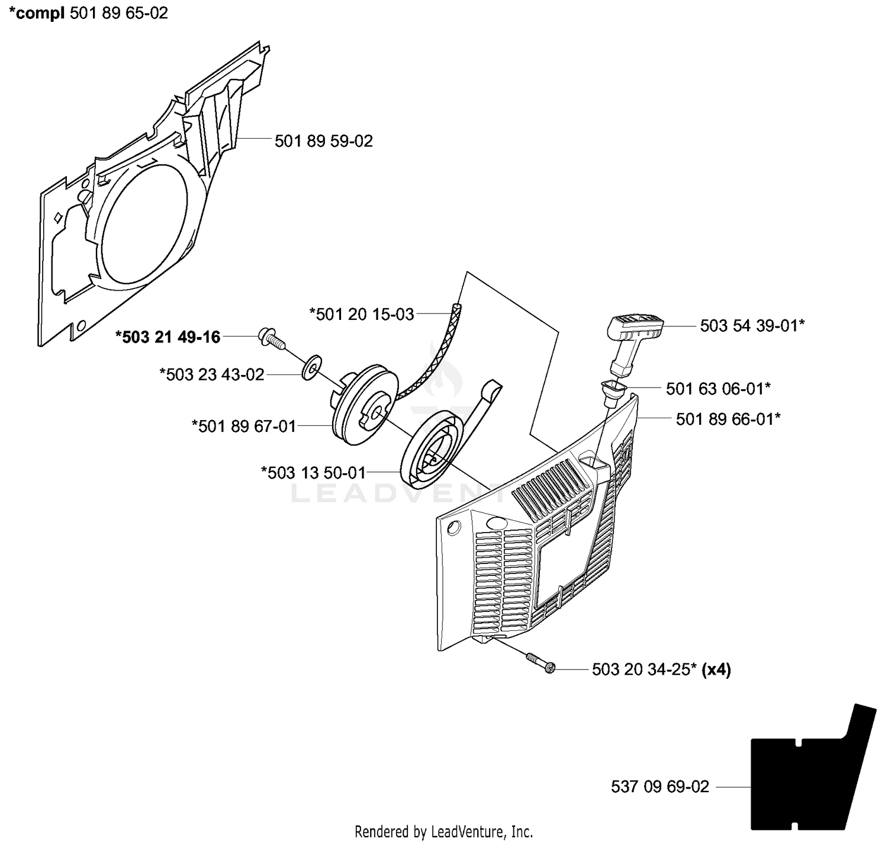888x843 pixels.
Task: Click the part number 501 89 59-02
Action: click(x=323, y=142)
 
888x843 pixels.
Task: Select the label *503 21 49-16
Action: click(x=168, y=337)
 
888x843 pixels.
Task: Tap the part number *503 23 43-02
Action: click(x=211, y=375)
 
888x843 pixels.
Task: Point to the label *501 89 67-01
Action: click(x=244, y=427)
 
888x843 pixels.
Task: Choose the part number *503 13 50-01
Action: click(x=314, y=473)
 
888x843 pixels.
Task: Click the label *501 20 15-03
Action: click(x=361, y=314)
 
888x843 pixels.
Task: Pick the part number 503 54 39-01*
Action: click(x=752, y=325)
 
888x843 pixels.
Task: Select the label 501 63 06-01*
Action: click(x=719, y=389)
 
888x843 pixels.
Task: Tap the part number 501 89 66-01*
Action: click(x=728, y=419)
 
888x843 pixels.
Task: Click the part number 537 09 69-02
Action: click(x=660, y=787)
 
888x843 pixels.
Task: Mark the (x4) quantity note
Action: click(x=716, y=669)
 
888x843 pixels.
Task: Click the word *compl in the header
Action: click(x=37, y=13)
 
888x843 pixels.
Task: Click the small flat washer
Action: click(x=311, y=367)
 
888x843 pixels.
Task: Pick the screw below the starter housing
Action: click(x=540, y=663)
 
